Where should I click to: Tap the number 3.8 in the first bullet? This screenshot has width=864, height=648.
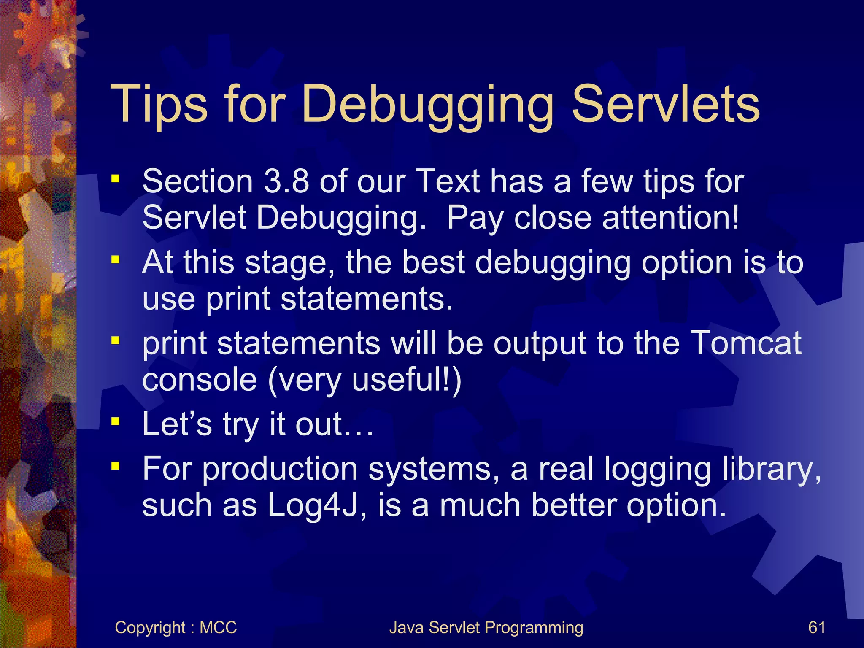tap(286, 182)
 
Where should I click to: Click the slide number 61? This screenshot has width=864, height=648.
tap(817, 627)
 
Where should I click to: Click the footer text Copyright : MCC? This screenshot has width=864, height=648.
tap(175, 627)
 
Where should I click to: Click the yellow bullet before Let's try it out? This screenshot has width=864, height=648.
tap(116, 421)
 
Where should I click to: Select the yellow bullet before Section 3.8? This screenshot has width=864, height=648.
tap(116, 179)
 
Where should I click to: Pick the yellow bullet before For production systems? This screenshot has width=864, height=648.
tap(116, 466)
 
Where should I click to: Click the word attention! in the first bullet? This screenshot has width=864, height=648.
tap(670, 218)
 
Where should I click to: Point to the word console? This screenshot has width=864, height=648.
tap(200, 380)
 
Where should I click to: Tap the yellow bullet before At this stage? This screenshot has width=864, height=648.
tap(116, 259)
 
